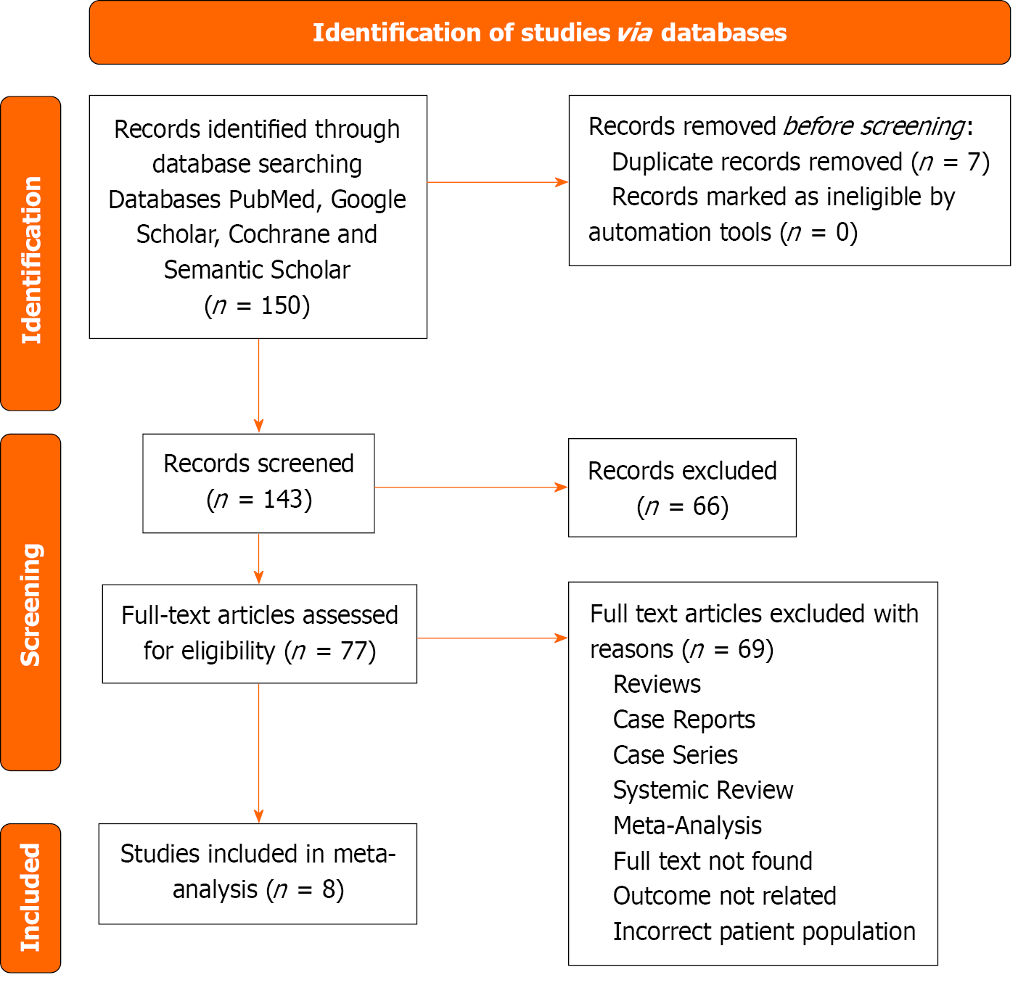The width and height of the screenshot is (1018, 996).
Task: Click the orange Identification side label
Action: (31, 254)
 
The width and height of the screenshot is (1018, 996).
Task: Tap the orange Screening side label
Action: (31, 602)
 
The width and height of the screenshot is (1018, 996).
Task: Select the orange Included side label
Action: (31, 897)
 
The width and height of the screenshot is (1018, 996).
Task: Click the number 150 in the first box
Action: (280, 305)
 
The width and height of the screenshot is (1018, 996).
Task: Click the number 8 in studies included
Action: (331, 889)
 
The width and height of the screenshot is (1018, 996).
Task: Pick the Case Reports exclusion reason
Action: (684, 720)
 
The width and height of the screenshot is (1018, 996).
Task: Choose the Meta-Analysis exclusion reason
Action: (687, 826)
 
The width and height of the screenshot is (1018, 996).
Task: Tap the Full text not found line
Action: (713, 861)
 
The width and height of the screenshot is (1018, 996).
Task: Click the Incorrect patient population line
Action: (764, 931)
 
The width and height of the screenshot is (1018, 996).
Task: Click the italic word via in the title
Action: (635, 33)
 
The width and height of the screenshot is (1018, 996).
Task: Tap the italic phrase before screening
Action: (874, 126)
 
